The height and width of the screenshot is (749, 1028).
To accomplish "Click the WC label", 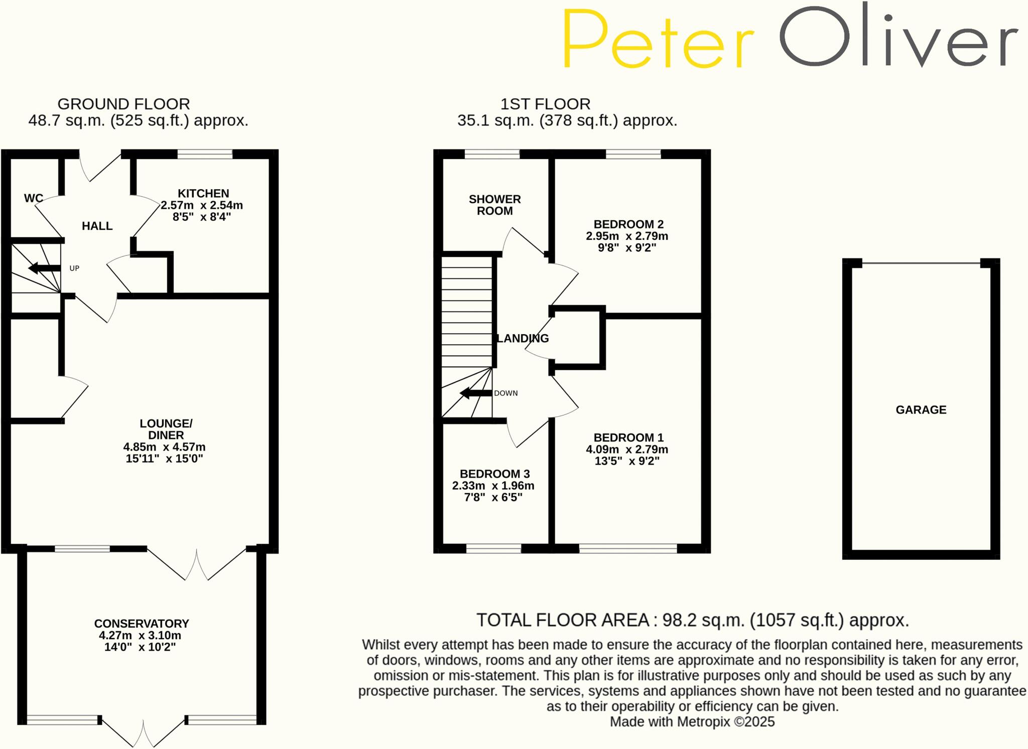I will [x=33, y=198].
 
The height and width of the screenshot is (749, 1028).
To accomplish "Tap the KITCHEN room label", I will [x=203, y=194].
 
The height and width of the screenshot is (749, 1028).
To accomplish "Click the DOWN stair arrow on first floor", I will [x=475, y=393].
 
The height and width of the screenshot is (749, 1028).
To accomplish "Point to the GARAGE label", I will [x=921, y=410].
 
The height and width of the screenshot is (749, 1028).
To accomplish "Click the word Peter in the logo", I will [x=658, y=39].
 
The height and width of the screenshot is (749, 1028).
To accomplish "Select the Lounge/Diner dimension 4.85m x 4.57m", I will [x=164, y=447].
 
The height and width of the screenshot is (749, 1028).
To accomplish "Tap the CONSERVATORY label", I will [x=142, y=624].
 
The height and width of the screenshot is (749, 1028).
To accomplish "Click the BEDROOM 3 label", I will [x=494, y=474].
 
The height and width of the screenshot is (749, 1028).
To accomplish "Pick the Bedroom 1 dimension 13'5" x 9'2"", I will [x=626, y=461].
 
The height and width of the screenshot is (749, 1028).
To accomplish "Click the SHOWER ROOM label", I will [x=494, y=205].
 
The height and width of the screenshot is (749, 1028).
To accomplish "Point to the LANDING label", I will [x=522, y=339].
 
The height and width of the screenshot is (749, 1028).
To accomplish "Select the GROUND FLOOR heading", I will [x=123, y=104].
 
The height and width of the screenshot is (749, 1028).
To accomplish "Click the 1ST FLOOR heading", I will [x=545, y=104].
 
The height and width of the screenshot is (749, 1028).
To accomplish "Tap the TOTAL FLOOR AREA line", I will [x=692, y=621].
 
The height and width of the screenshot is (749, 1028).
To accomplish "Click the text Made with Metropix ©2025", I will [x=692, y=722].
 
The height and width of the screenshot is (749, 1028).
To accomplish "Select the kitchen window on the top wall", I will [x=205, y=154].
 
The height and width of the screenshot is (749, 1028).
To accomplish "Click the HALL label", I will [x=97, y=226].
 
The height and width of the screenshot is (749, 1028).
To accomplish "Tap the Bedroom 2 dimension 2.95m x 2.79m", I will [x=626, y=236].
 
